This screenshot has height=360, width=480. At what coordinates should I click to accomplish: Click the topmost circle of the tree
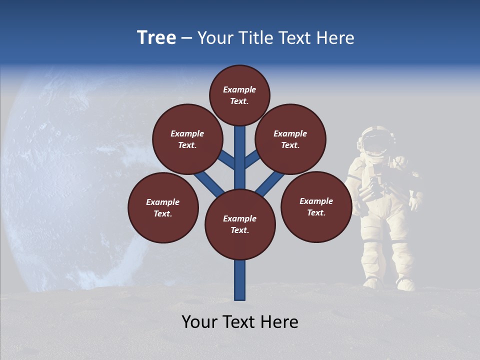239,95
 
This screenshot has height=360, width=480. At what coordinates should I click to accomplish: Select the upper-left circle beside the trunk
187,139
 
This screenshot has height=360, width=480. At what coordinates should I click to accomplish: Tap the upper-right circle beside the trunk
290,139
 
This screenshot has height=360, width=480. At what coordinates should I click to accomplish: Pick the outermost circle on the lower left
163,207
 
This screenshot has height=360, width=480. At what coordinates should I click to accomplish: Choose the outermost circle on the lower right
316,206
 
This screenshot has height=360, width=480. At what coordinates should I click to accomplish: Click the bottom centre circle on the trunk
240,224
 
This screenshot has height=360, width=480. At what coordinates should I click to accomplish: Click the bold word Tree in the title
156,37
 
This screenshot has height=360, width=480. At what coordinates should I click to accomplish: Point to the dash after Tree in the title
186,38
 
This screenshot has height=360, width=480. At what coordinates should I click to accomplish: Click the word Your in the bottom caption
199,322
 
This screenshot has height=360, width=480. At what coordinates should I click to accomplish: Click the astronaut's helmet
374,140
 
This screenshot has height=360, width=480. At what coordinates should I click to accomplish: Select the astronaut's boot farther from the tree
405,284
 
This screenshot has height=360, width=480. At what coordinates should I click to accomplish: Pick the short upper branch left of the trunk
226,159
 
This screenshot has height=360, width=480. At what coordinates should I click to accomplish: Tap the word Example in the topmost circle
239,89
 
